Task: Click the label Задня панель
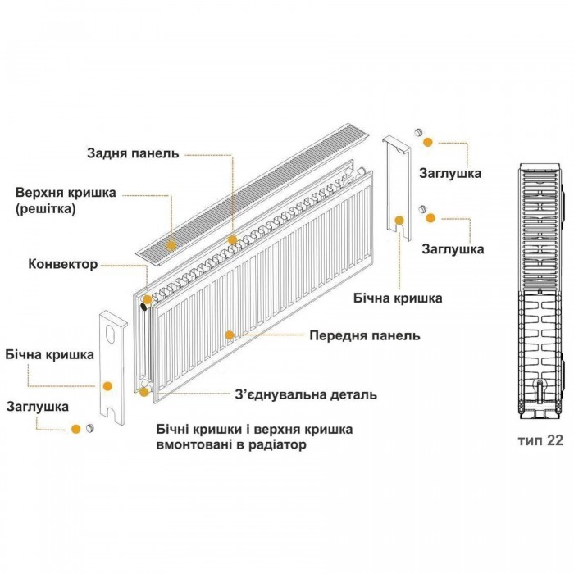pos(133,153)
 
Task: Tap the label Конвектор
pos(63,264)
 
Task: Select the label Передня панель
pos(365,335)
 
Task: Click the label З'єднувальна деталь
pos(306,394)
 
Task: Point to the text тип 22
pos(540,440)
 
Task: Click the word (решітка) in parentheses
pos(45,208)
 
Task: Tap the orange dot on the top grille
pos(171,245)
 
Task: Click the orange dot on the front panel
pos(230,335)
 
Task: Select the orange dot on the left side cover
pos(107,386)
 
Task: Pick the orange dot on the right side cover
pos(399,221)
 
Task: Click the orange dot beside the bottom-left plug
pos(75,429)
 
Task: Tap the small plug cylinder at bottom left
pos(89,428)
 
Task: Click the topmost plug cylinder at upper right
pos(419,132)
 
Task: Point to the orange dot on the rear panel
pos(232,239)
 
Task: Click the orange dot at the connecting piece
pos(144,392)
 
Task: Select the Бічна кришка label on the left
pos(50,354)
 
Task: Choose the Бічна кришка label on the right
pos(398,298)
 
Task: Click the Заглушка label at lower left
pos(38,407)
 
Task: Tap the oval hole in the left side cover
pos(110,333)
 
